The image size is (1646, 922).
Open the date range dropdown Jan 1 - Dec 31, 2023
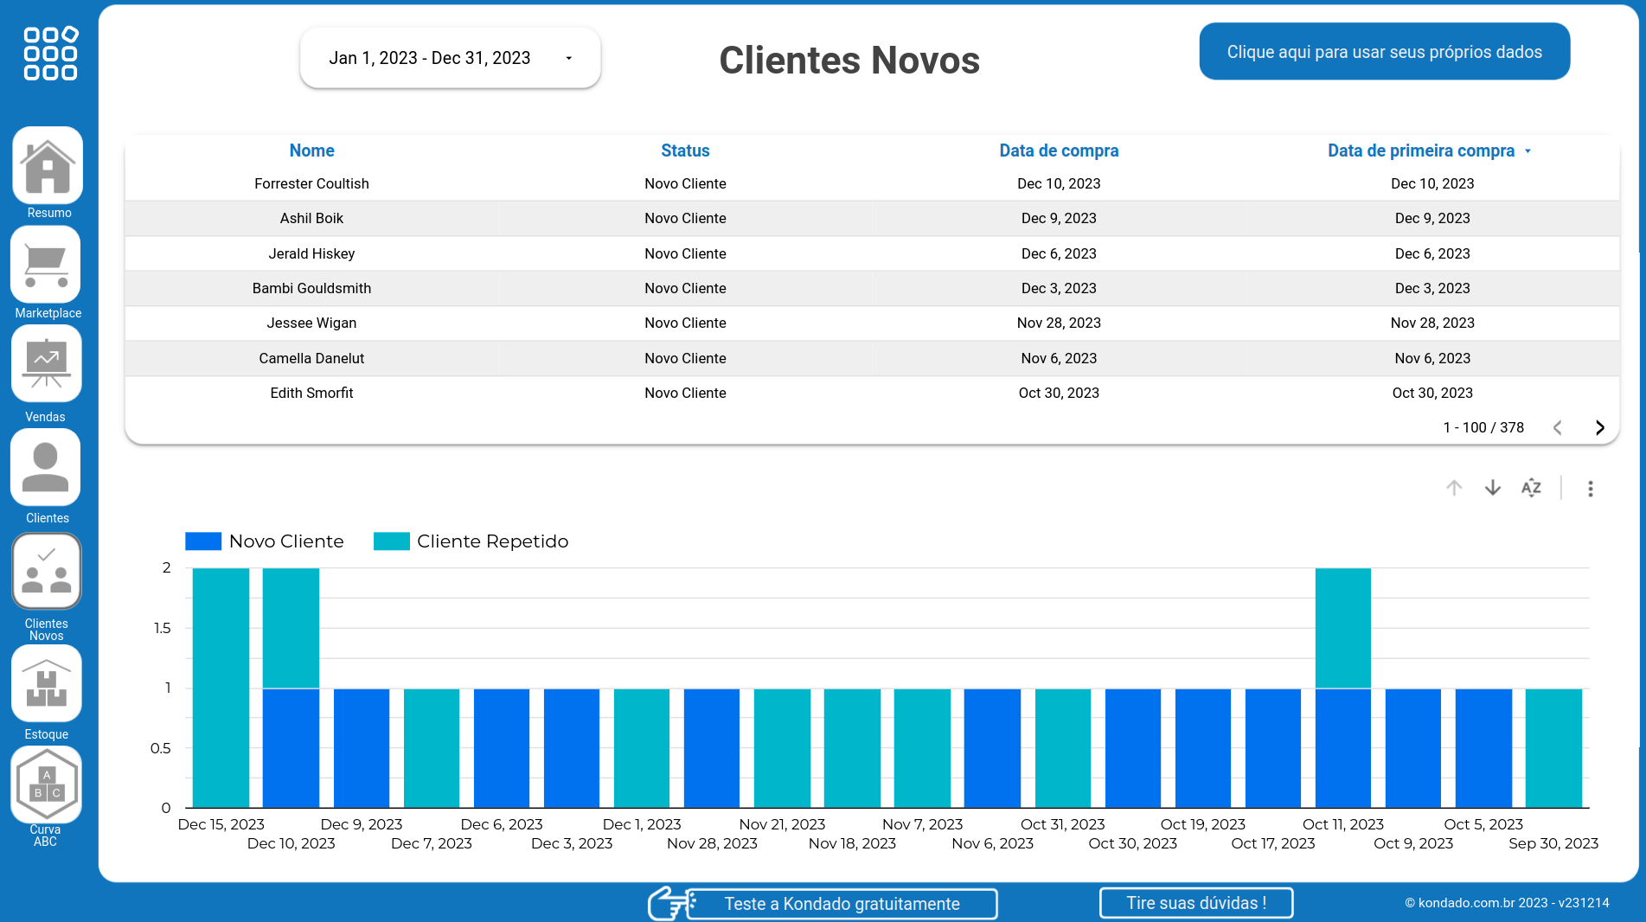[450, 58]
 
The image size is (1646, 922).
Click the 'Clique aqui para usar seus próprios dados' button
[1384, 52]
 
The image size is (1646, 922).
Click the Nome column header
[311, 150]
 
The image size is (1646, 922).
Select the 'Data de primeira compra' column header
[1421, 150]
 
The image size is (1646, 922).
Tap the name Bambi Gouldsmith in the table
[311, 288]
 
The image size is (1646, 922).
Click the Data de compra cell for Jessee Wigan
[1059, 323]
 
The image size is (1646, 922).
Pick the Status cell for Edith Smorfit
[685, 393]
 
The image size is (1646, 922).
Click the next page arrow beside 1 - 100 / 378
[1599, 427]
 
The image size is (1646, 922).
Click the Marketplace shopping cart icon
[46, 265]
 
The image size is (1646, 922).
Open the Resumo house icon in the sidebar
[48, 166]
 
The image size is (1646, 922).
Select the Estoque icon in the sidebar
[47, 684]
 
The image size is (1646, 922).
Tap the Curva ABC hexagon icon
[47, 784]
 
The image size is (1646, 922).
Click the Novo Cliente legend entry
[265, 541]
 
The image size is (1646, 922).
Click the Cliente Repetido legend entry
[471, 541]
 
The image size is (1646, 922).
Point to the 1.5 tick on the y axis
[162, 628]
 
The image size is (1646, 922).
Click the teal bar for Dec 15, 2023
[221, 688]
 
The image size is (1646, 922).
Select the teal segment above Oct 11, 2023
[1342, 628]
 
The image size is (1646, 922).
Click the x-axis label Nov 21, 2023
[782, 824]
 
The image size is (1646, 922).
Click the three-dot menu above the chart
[1590, 489]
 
